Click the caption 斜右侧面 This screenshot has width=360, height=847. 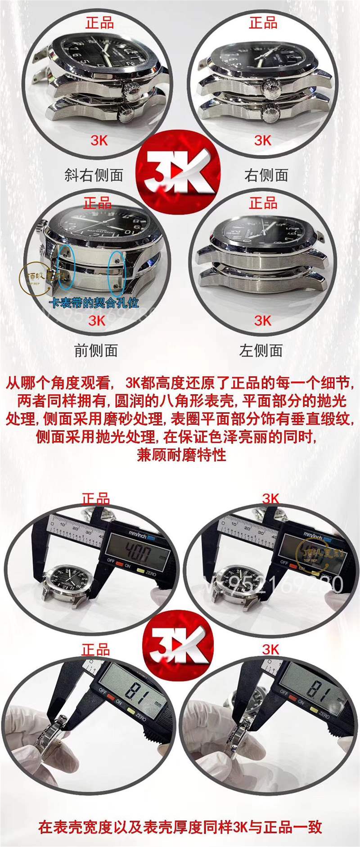point(94,175)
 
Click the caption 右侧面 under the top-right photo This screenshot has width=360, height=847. point(266,175)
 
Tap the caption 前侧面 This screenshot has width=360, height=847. point(96,350)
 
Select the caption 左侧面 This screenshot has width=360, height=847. point(261,350)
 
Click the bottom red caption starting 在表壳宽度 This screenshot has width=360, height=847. point(180,827)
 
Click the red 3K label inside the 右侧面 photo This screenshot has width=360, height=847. point(263,140)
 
